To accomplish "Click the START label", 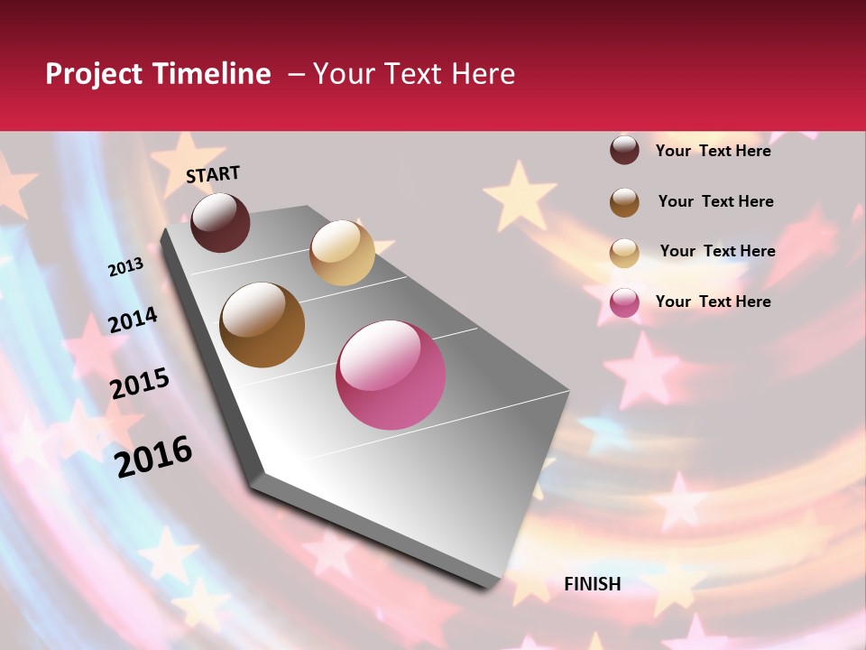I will pyautogui.click(x=213, y=174).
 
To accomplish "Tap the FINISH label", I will pyautogui.click(x=592, y=584).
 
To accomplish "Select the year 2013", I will pyautogui.click(x=126, y=267).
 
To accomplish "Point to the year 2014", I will pyautogui.click(x=133, y=320).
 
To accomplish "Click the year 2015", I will pyautogui.click(x=140, y=384).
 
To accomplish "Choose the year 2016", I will pyautogui.click(x=153, y=457).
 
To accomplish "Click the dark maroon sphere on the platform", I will pyautogui.click(x=220, y=222).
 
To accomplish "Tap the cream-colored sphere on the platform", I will pyautogui.click(x=342, y=253).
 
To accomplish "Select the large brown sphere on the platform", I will pyautogui.click(x=263, y=325).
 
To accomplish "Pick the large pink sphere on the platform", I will pyautogui.click(x=391, y=375).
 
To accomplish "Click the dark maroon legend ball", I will pyautogui.click(x=624, y=150).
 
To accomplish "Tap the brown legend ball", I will pyautogui.click(x=624, y=202).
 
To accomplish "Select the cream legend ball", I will pyautogui.click(x=624, y=253).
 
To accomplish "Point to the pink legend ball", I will pyautogui.click(x=624, y=302).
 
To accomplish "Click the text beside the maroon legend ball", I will pyautogui.click(x=713, y=151).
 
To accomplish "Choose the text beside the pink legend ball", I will pyautogui.click(x=713, y=302).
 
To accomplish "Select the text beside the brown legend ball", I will pyautogui.click(x=715, y=201).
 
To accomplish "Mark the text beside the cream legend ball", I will pyautogui.click(x=717, y=251).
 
